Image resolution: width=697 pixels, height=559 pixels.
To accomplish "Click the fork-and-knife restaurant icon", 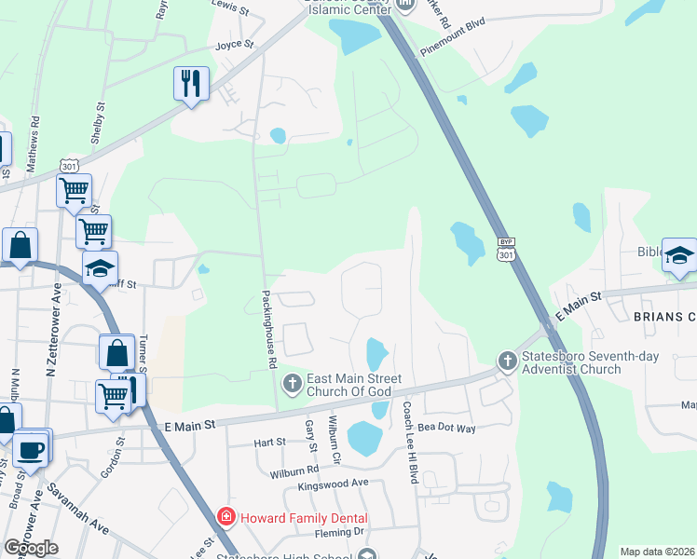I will tap(190, 84).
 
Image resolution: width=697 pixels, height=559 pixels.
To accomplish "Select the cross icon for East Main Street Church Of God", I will tap(292, 382).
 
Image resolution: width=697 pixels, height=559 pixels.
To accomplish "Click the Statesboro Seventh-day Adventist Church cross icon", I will tap(506, 361).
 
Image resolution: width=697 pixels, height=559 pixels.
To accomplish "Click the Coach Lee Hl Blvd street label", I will tap(408, 442).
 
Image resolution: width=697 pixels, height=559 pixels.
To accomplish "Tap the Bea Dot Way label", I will tap(447, 428).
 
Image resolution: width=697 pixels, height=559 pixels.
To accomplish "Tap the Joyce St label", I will tap(234, 44).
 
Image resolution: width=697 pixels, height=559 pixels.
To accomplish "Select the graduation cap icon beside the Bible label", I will tap(679, 255).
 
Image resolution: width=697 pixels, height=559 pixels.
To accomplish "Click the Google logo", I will tap(32, 548).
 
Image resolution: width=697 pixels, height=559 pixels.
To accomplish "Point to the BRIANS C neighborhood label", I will tap(664, 317).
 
